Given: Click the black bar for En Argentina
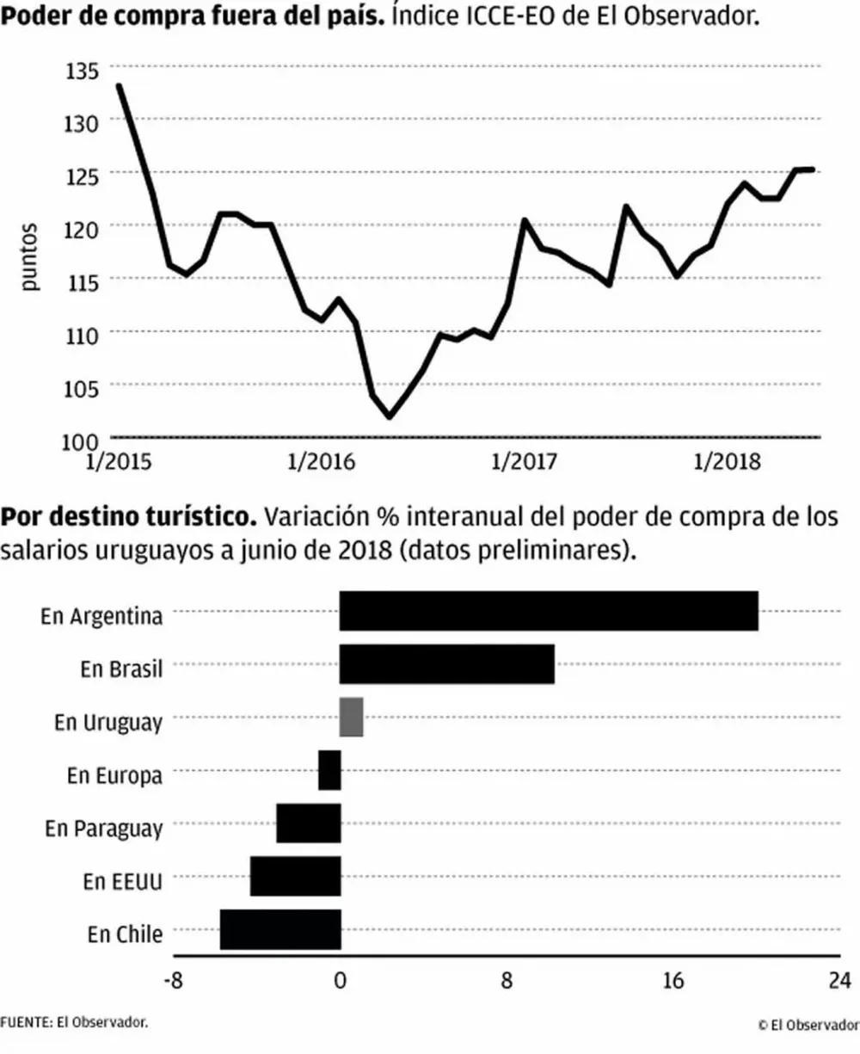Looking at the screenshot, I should tap(549, 611).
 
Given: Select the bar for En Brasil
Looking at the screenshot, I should tap(446, 664).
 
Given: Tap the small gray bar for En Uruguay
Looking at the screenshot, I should tap(351, 718).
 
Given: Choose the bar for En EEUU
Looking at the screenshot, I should tap(295, 877).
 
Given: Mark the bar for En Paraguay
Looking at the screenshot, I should tap(308, 823).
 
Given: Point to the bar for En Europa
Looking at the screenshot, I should tap(329, 770).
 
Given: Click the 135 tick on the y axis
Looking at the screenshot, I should tap(82, 71).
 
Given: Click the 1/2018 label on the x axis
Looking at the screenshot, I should tap(727, 462).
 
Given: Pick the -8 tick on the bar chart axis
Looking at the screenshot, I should tap(174, 981).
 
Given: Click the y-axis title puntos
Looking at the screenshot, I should tap(31, 256).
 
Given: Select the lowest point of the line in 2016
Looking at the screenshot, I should tap(390, 417).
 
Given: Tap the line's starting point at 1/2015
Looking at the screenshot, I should tap(119, 85).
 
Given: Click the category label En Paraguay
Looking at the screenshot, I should tap(103, 829).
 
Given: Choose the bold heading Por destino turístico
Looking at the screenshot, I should tap(129, 518).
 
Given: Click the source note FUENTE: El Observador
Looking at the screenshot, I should tap(74, 1022).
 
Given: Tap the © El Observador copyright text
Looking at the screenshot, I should tap(808, 1024).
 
